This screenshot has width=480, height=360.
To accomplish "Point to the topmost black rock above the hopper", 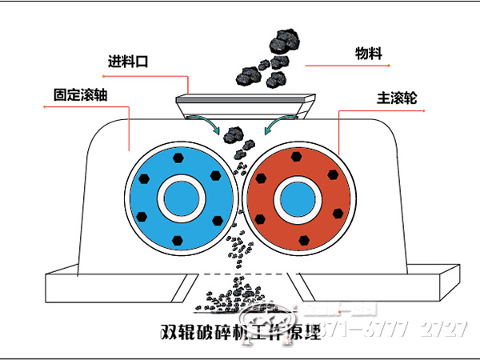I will (x=285, y=37).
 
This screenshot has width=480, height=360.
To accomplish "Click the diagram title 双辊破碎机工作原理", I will (x=240, y=333).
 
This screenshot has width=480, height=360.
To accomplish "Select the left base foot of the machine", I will (x=120, y=289).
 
